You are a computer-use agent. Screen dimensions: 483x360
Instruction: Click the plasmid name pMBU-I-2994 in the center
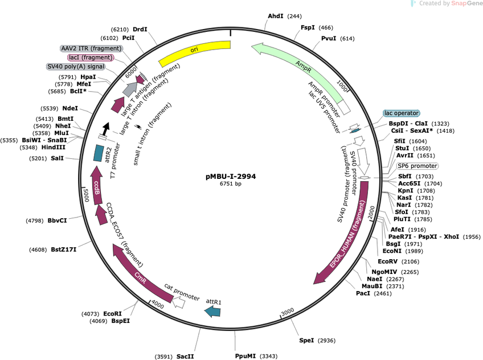231,177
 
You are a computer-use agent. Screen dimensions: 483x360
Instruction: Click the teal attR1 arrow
213,312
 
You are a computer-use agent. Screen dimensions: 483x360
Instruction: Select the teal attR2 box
99,153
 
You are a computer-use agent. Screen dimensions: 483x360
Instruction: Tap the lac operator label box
402,113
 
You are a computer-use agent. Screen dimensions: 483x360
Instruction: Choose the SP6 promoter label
417,166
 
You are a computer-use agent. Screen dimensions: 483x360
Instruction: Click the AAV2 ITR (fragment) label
91,48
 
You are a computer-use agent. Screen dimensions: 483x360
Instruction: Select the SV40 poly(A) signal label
76,67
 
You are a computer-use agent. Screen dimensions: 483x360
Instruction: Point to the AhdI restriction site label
275,16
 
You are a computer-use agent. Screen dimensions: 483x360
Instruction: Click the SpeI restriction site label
306,340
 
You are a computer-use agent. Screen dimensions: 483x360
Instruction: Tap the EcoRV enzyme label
387,261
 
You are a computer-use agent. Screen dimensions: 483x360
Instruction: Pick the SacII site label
185,357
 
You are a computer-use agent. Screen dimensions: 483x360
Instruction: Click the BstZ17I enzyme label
63,249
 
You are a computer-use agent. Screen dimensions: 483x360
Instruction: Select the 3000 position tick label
288,312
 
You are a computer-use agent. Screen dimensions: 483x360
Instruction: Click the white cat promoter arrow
178,302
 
